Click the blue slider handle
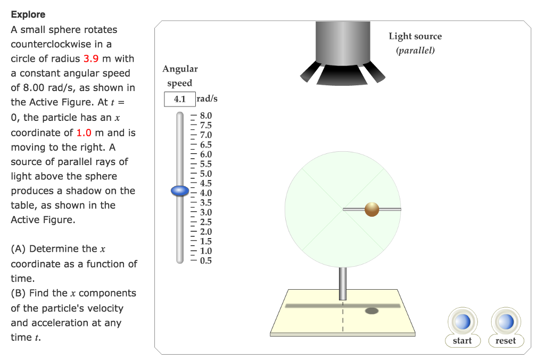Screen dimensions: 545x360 pyautogui.click(x=180, y=191)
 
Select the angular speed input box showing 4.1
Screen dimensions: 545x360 pyautogui.click(x=180, y=99)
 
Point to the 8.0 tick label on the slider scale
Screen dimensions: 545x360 pyautogui.click(x=206, y=116)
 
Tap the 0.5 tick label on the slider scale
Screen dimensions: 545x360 pyautogui.click(x=206, y=260)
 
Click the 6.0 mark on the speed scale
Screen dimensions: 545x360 pyautogui.click(x=206, y=154)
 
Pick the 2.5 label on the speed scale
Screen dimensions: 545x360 pyautogui.click(x=206, y=222)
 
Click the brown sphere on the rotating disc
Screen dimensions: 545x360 pyautogui.click(x=372, y=209)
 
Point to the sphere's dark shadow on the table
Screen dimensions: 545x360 pyautogui.click(x=371, y=310)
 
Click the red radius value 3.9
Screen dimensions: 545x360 pyautogui.click(x=91, y=59)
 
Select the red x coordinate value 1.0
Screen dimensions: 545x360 pyautogui.click(x=84, y=133)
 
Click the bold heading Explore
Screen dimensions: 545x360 pyautogui.click(x=28, y=14)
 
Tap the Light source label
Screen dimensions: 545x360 pyautogui.click(x=415, y=36)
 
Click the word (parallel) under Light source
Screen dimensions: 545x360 pyautogui.click(x=415, y=51)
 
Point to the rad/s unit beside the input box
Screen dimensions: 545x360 pyautogui.click(x=207, y=99)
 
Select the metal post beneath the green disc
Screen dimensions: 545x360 pyautogui.click(x=343, y=283)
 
